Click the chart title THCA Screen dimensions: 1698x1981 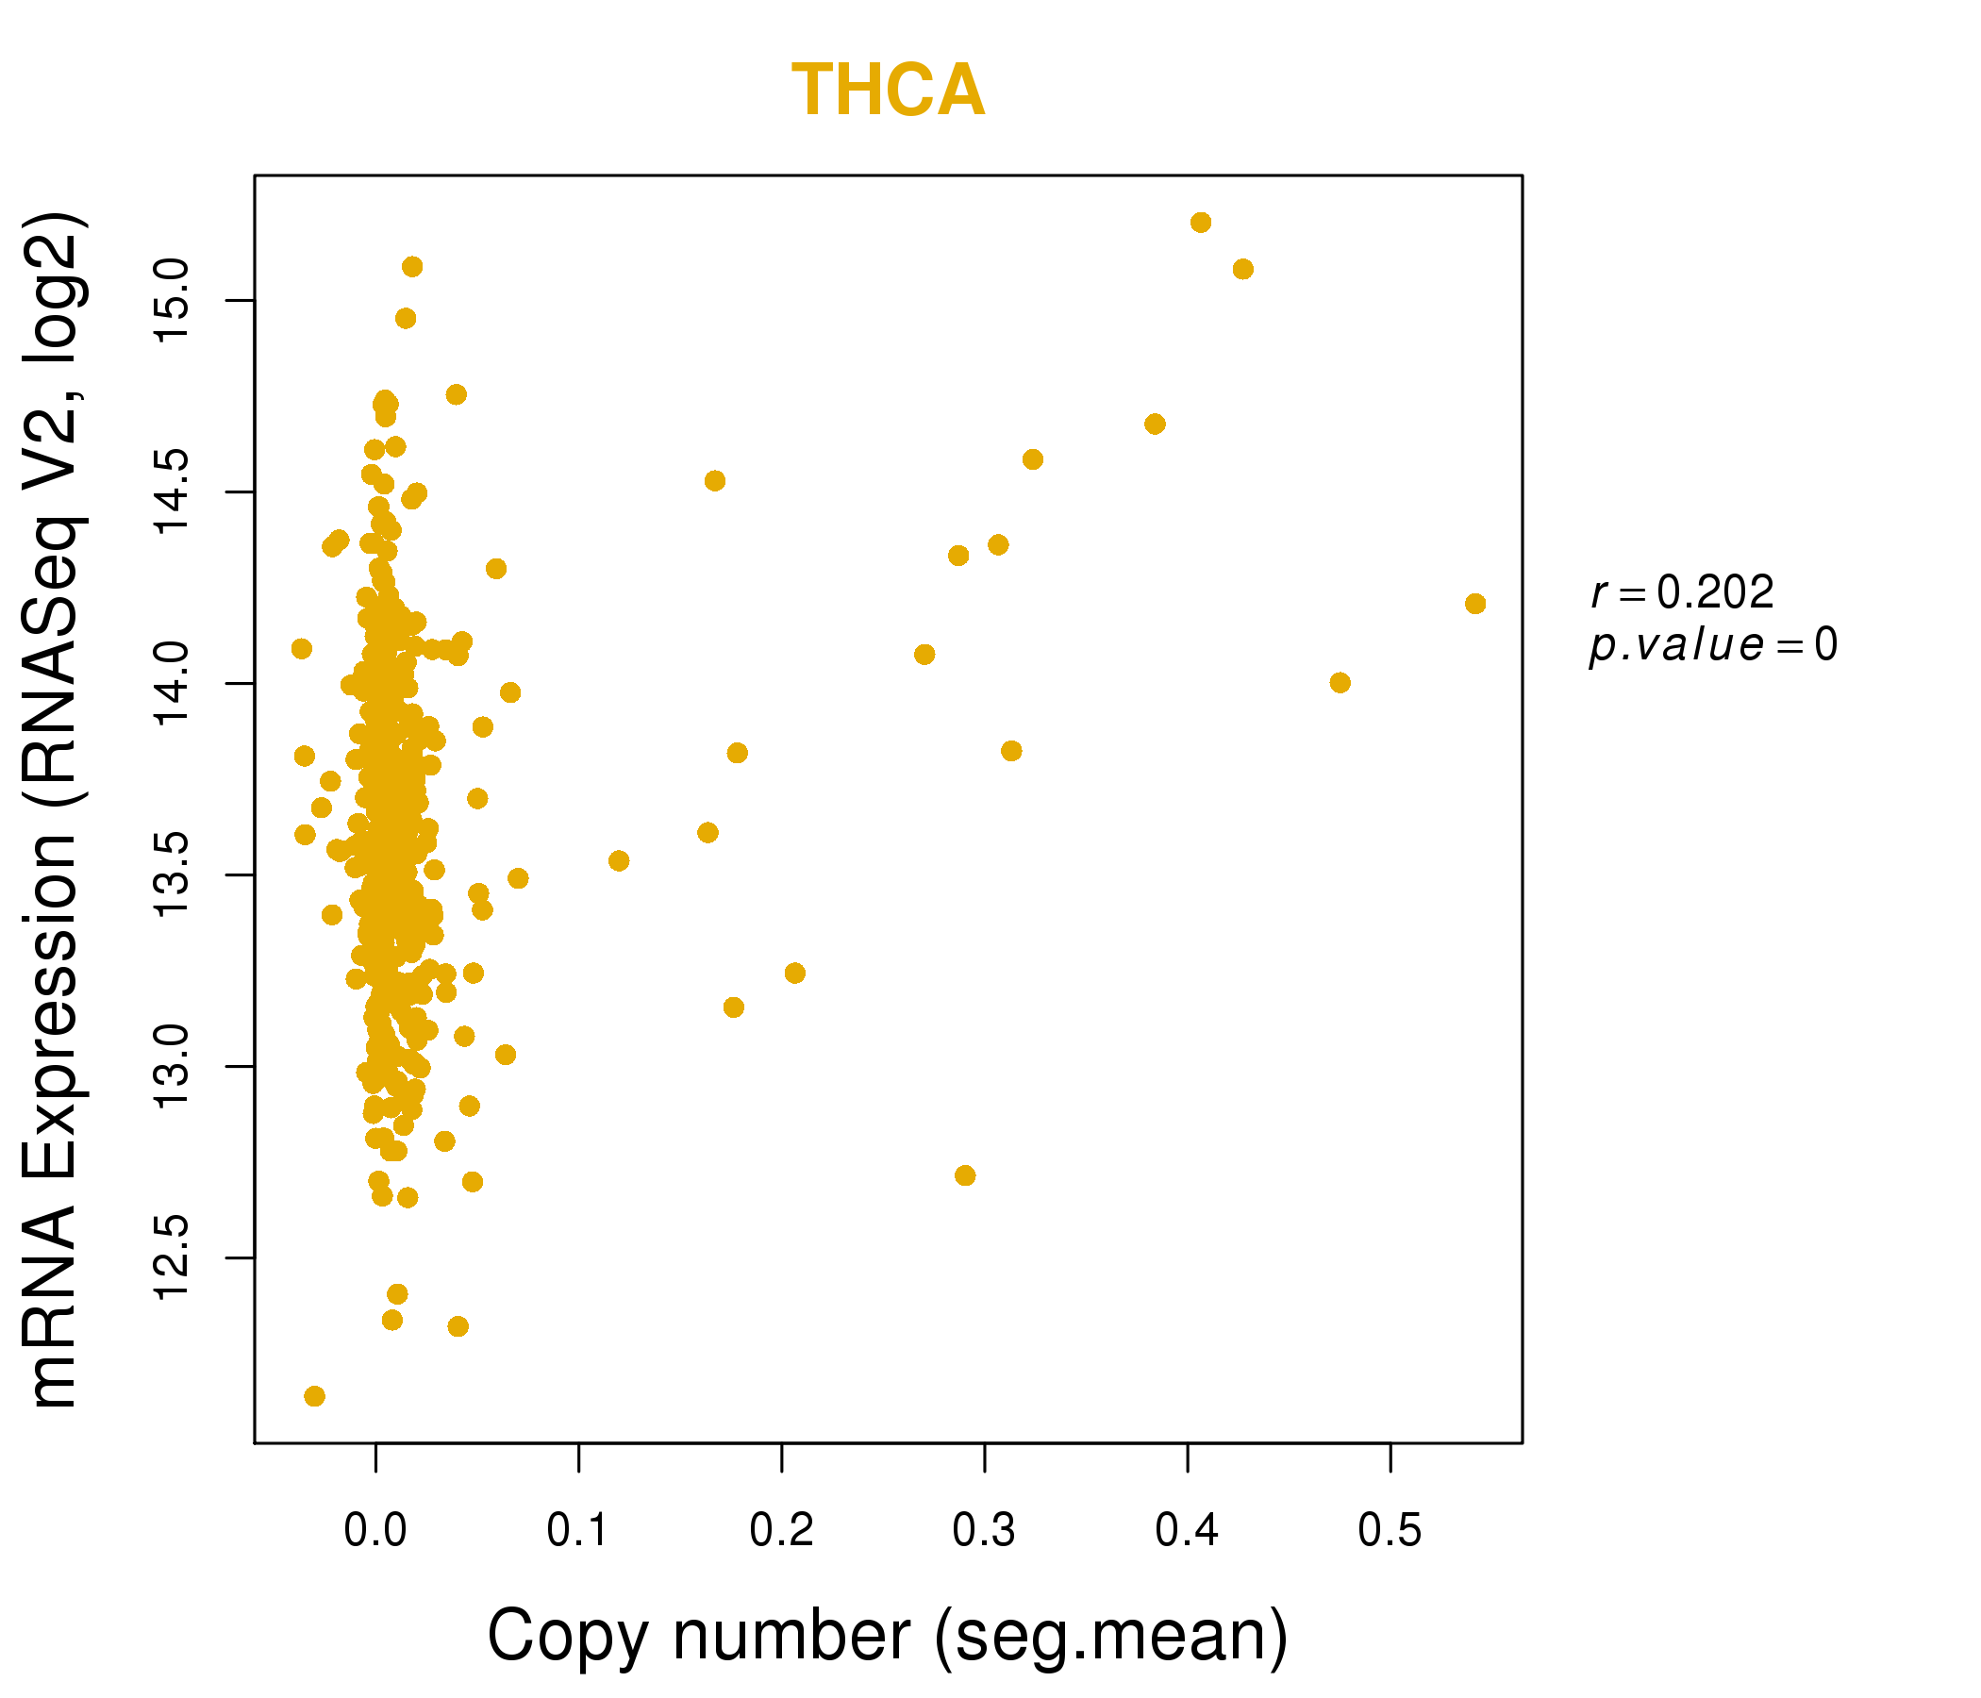(x=888, y=91)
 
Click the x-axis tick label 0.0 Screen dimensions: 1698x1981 (x=375, y=1531)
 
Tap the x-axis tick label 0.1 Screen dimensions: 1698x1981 (x=577, y=1531)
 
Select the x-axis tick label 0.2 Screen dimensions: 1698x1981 (x=781, y=1531)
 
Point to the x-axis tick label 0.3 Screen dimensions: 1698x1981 (x=984, y=1531)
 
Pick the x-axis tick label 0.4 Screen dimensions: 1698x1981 (x=1187, y=1531)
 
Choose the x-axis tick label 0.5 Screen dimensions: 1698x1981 (x=1390, y=1531)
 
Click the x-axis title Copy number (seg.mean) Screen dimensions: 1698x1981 (x=888, y=1636)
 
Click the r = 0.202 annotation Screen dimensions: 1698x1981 (x=1682, y=592)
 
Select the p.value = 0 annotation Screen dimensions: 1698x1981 (x=1712, y=645)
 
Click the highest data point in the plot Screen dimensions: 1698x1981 (x=1201, y=223)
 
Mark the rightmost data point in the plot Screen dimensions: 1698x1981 (x=1474, y=604)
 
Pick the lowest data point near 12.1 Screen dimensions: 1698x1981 (x=314, y=1396)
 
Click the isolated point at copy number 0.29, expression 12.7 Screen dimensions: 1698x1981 (x=965, y=1175)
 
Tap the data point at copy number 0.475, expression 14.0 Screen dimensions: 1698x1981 (x=1340, y=683)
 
